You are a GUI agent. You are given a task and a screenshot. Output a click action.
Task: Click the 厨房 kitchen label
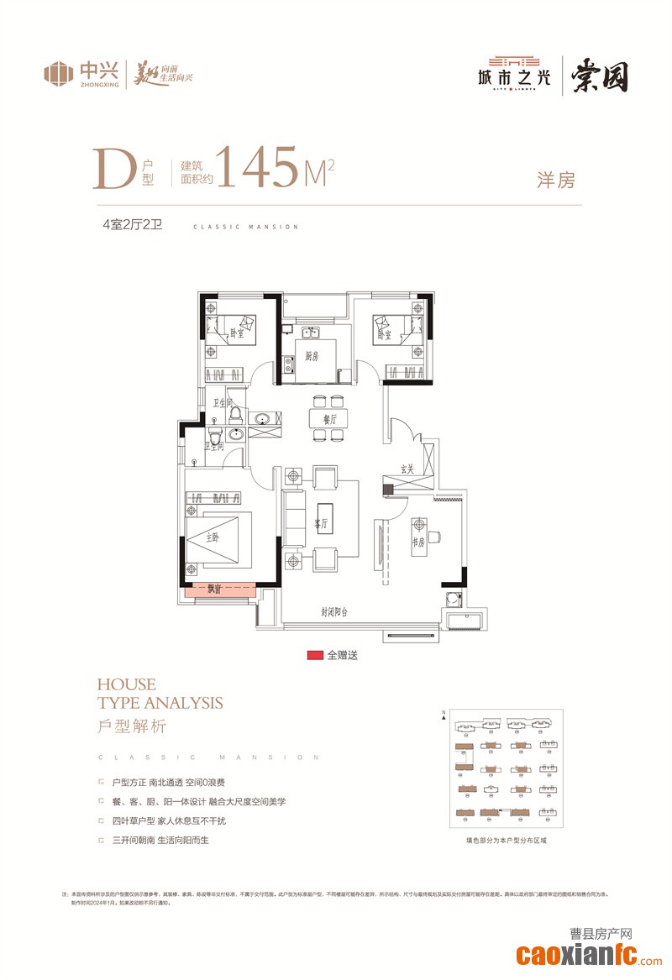(x=312, y=356)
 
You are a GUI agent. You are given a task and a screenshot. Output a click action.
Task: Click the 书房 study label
(x=417, y=542)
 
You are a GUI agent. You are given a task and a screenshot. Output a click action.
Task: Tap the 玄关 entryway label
(x=407, y=469)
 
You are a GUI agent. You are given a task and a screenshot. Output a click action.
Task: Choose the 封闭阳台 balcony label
(x=336, y=612)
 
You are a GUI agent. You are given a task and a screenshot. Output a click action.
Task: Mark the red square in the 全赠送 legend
(x=315, y=655)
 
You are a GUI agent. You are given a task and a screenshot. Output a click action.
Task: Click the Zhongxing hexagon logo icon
(x=58, y=73)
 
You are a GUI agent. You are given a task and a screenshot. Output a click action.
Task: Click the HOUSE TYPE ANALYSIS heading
(x=160, y=694)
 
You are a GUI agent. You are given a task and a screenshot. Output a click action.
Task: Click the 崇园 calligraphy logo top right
(x=601, y=76)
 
